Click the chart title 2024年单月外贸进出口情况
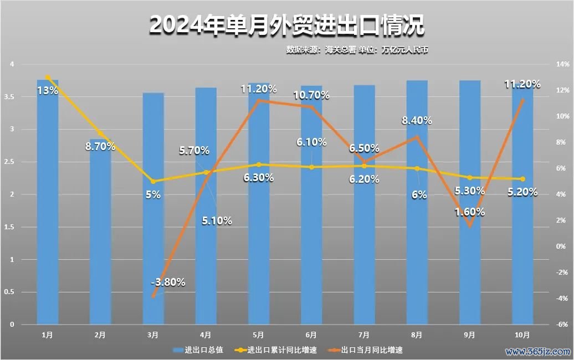tap(286, 25)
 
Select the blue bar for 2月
tap(100, 233)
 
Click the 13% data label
tap(47, 90)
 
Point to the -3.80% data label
tap(168, 282)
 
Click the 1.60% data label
tap(469, 212)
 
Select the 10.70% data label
tap(312, 95)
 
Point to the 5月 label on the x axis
tap(258, 335)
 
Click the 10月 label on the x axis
tap(522, 335)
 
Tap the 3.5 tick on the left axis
tap(11, 97)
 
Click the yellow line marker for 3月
tap(153, 181)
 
